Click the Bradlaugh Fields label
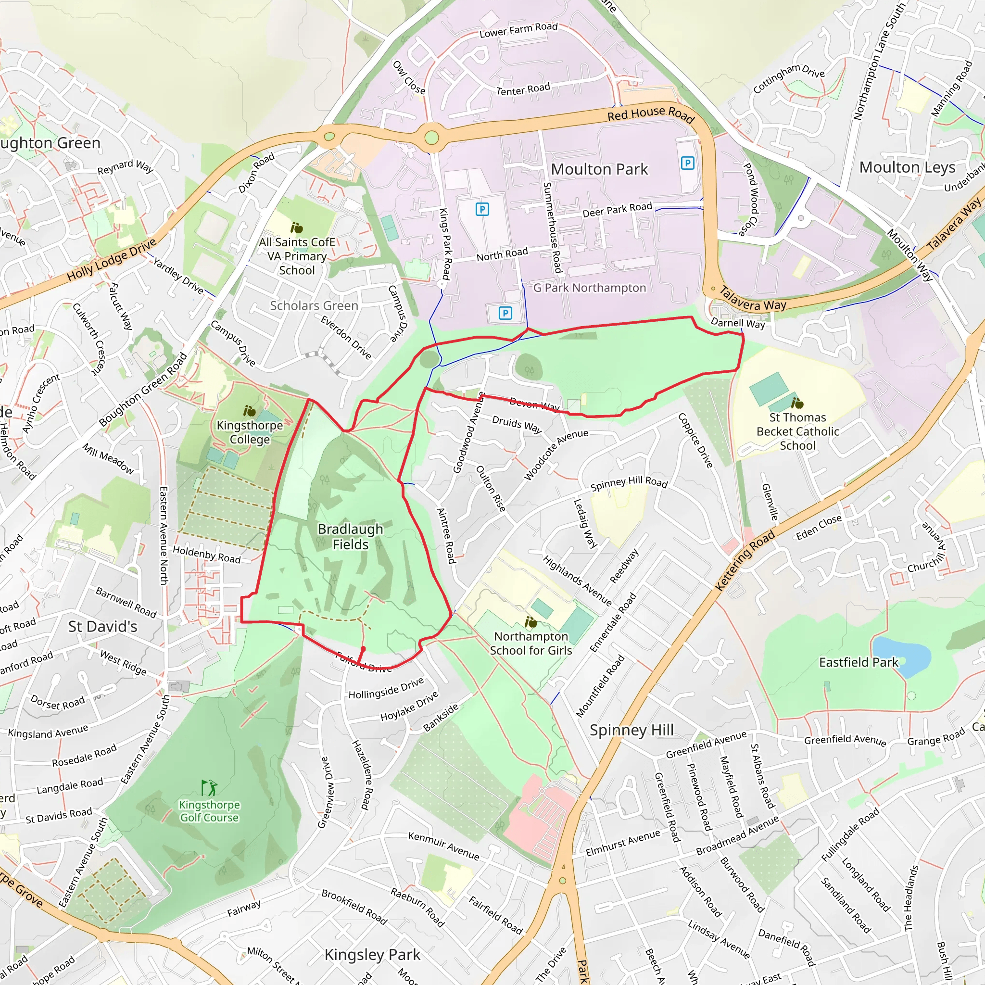pos(350,536)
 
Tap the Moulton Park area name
pos(599,169)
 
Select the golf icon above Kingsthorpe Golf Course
pos(209,788)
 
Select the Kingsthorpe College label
pos(249,432)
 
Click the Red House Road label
pos(651,114)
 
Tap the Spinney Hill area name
pos(631,730)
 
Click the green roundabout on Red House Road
pos(431,138)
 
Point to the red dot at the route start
pos(363,648)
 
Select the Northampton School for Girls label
pos(531,643)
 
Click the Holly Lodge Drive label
pos(112,260)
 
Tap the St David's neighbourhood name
pos(102,626)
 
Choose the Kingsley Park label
pos(372,954)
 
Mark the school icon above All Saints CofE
pos(296,227)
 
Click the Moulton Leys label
pos(907,167)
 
